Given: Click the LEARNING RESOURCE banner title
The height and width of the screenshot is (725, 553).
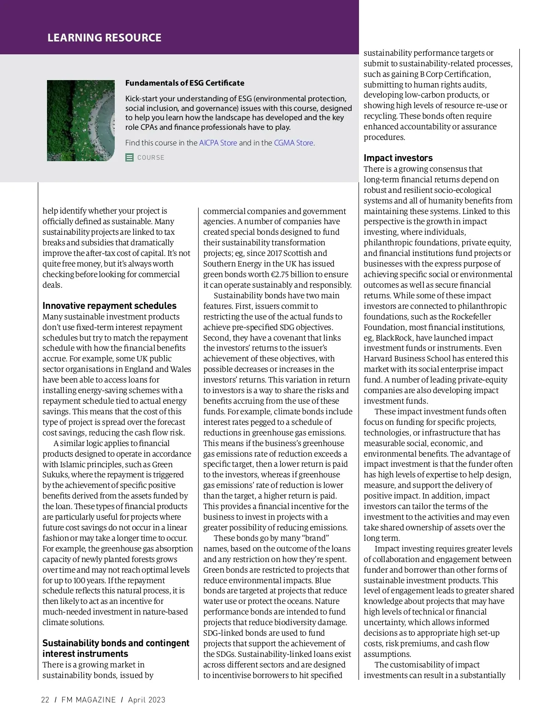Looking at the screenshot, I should [x=104, y=38].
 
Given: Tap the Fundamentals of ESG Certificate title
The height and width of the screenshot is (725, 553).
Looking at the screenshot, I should [x=185, y=83].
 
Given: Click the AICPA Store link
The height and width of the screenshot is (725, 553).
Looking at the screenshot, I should [x=218, y=143].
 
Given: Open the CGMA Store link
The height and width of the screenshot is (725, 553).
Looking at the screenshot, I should [x=294, y=143].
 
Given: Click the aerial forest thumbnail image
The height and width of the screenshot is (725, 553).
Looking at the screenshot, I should [x=81, y=121].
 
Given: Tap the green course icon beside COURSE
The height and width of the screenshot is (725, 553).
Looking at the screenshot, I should [x=129, y=157].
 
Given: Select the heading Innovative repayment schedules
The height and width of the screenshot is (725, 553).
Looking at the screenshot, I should [x=109, y=306].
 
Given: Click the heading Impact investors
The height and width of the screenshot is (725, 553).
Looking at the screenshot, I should [x=398, y=158].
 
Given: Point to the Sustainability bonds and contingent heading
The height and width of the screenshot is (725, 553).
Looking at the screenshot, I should [x=116, y=643].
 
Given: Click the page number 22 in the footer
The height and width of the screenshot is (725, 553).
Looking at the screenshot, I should [x=45, y=700].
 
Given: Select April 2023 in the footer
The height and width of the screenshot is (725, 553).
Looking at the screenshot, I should [x=147, y=700].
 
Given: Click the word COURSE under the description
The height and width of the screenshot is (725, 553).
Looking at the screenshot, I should [x=151, y=157].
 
